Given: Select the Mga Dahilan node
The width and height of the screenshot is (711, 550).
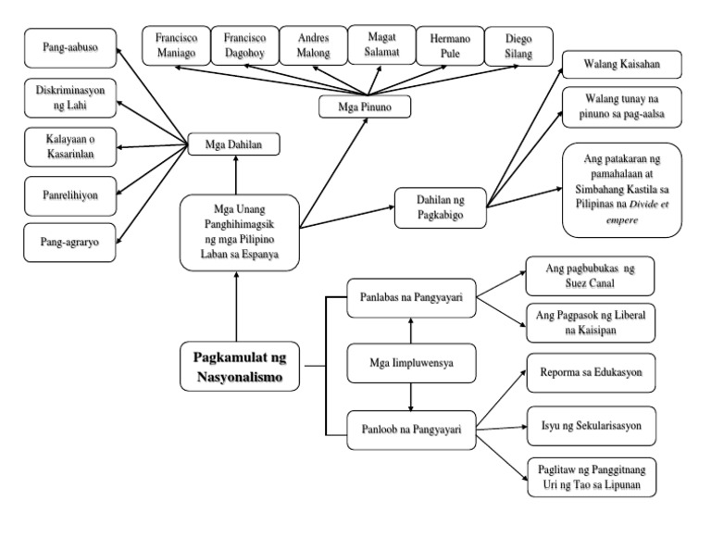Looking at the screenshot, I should click(x=235, y=144).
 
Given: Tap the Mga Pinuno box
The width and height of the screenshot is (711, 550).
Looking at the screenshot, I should click(x=367, y=106).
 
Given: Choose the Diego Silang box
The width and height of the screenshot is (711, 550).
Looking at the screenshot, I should click(x=518, y=45).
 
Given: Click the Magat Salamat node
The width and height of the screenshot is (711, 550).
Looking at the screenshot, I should click(x=381, y=43).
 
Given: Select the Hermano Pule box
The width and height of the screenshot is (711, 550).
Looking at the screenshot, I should click(x=450, y=45).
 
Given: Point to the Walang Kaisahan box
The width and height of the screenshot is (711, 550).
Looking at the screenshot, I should click(x=621, y=66).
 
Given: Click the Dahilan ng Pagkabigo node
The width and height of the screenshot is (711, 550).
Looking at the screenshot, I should click(x=441, y=203).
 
